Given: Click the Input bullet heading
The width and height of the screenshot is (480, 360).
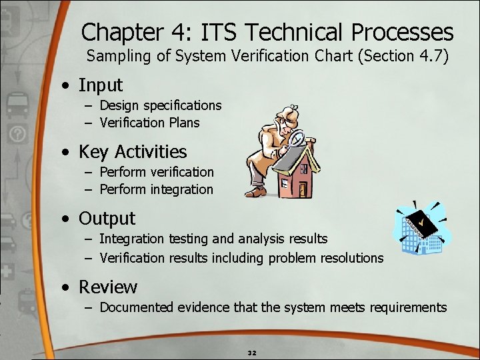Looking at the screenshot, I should pos(101,85).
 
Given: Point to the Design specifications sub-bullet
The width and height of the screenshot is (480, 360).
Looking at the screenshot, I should pos(160,105).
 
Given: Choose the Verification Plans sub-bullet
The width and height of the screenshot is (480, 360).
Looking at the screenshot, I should pos(149,123).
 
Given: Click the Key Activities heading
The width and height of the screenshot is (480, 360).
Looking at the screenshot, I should pos(133,152).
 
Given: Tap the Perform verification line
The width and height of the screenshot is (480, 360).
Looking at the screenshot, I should pos(157,172).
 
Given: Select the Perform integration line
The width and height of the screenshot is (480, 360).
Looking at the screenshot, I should pos(156,189).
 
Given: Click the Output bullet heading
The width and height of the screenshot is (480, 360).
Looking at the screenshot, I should pos(107,219).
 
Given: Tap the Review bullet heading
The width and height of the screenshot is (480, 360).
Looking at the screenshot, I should pos(108,287).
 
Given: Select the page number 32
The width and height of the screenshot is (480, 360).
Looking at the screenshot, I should pos(252,351).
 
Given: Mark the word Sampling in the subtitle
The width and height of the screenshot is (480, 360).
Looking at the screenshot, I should pos(115,56).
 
